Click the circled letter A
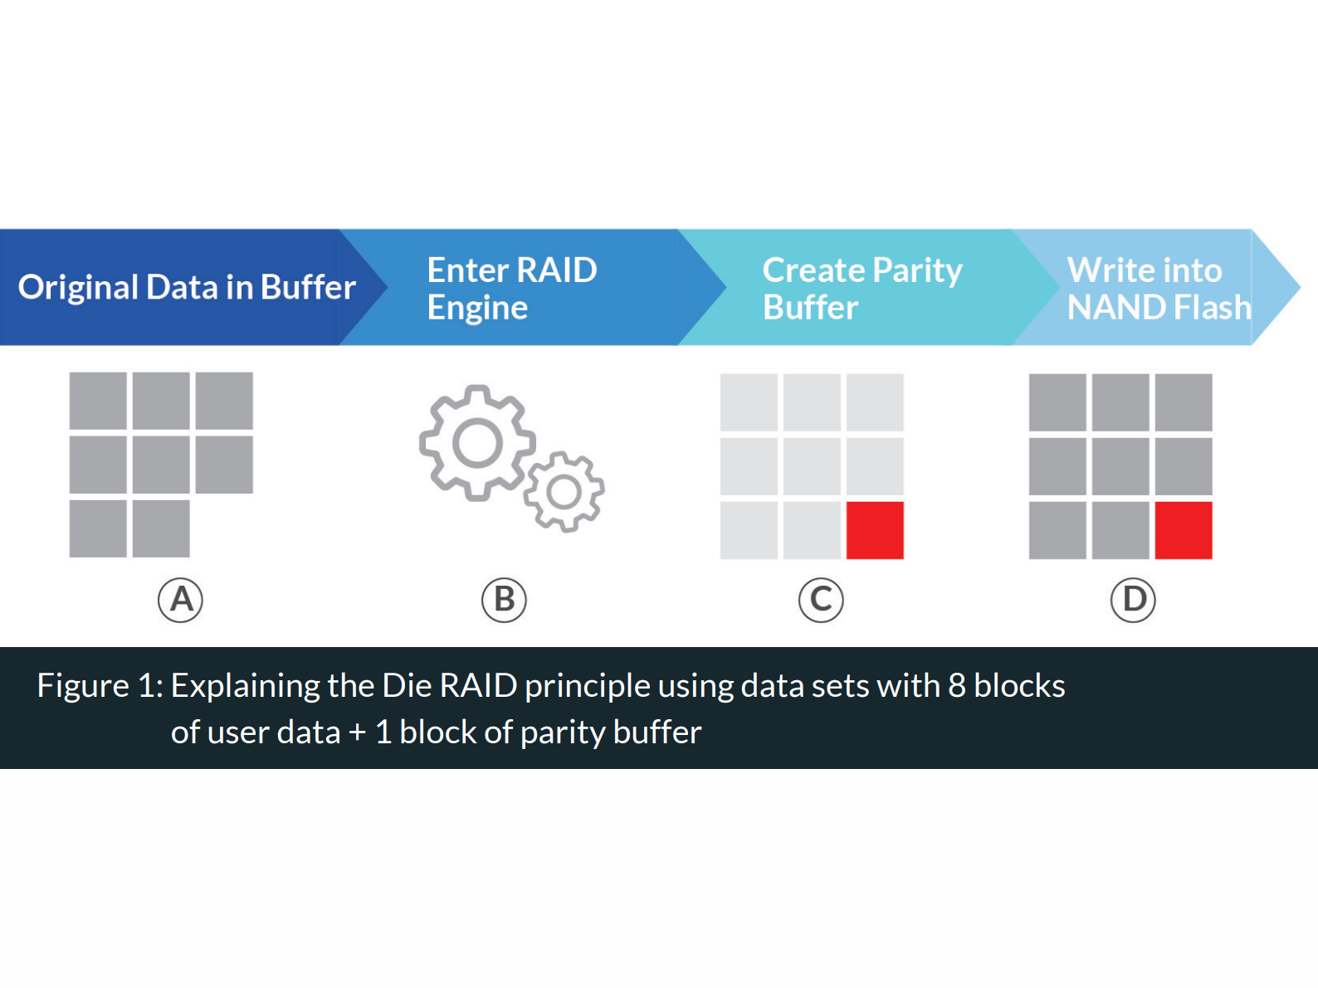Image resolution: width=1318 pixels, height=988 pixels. (x=180, y=600)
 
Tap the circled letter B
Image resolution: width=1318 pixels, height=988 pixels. (x=504, y=600)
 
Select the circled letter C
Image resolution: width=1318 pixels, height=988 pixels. (x=821, y=600)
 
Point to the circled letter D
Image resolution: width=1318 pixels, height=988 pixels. (x=1133, y=600)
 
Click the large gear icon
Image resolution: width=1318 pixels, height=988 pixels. (x=476, y=443)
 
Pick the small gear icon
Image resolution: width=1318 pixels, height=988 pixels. (x=564, y=492)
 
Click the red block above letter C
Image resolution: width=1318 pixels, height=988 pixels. (x=875, y=530)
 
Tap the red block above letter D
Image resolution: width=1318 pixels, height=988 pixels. (x=1184, y=530)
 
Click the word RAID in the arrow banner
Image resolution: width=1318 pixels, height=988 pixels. (x=557, y=270)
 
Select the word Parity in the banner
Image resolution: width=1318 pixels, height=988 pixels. (x=917, y=271)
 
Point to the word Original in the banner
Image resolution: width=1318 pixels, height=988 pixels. (x=78, y=288)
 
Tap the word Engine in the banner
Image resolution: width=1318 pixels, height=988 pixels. (x=477, y=309)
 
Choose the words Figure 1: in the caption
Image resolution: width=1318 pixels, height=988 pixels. (x=100, y=686)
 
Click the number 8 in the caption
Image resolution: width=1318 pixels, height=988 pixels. (x=957, y=686)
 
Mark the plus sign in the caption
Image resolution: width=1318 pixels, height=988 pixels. (x=357, y=732)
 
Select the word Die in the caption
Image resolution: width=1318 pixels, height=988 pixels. (x=407, y=686)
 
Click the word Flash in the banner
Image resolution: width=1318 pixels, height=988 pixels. (x=1212, y=308)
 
